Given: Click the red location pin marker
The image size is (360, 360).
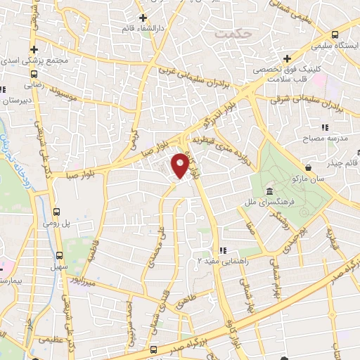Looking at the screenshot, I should tap(181, 165).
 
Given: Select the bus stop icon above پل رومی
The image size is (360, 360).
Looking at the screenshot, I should tap(58, 210).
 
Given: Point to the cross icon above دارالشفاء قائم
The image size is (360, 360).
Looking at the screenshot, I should tap(143, 18).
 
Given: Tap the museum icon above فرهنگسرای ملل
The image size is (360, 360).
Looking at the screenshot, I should tap(269, 193).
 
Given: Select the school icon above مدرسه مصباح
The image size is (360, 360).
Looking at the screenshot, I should tap(324, 127).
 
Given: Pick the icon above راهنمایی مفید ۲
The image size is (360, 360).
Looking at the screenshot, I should tap(222, 250).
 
